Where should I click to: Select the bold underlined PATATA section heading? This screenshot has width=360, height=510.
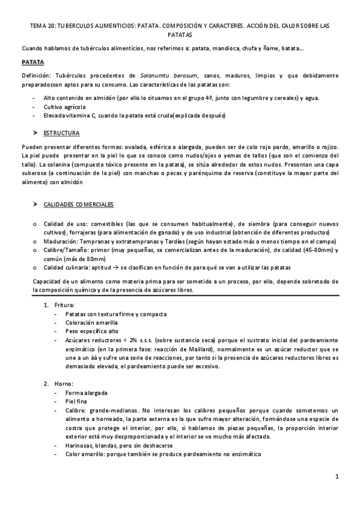[x=32, y=61]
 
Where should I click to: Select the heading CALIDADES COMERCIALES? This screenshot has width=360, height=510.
[x=79, y=206]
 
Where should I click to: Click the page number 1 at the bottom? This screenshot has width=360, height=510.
[x=338, y=477]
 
